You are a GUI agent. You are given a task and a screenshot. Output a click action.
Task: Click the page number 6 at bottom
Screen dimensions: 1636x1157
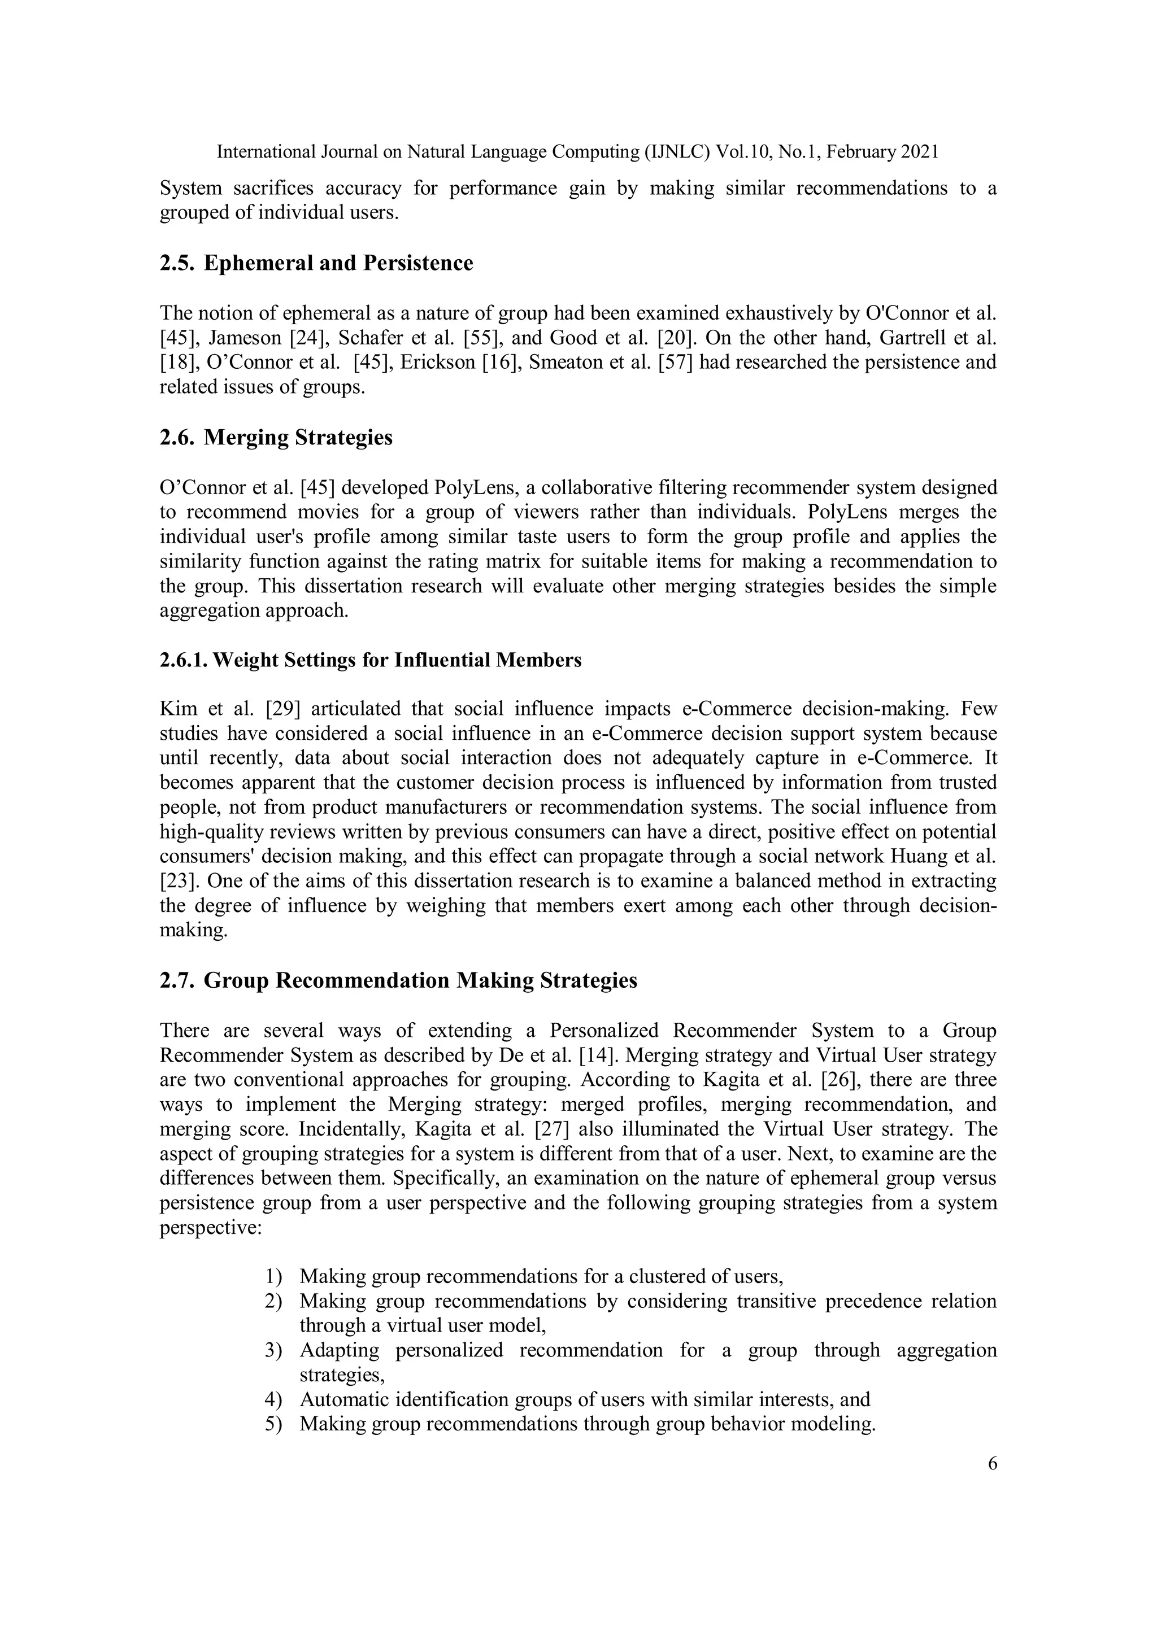tap(993, 1464)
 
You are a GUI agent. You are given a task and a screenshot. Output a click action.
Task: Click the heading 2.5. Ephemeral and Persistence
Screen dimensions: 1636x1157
tap(316, 263)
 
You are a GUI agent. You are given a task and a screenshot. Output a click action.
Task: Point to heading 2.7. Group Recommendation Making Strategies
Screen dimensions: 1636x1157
tap(398, 980)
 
